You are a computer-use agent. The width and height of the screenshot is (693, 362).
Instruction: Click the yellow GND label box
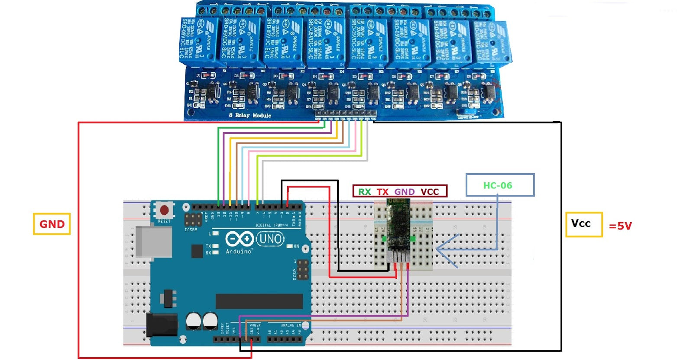tap(52, 224)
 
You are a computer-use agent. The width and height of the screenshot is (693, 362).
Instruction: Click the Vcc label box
tap(583, 224)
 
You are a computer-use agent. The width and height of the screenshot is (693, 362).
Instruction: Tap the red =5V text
tap(620, 226)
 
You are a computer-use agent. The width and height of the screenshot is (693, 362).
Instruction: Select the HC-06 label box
tap(499, 185)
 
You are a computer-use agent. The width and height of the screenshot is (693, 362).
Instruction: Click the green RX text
tap(364, 192)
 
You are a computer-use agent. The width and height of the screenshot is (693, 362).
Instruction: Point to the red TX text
tap(382, 192)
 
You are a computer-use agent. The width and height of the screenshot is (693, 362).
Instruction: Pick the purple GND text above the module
tap(404, 192)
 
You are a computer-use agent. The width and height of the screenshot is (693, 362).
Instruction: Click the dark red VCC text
tap(430, 192)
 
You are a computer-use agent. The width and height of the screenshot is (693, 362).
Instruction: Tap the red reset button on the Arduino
tap(164, 210)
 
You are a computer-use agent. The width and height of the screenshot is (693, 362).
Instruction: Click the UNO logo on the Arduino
tap(270, 239)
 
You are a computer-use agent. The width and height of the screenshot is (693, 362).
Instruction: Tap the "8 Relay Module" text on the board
tap(250, 115)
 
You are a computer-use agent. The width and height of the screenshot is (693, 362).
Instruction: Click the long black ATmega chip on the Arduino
tap(259, 301)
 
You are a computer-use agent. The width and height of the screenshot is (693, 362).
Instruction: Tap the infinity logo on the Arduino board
tap(240, 239)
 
